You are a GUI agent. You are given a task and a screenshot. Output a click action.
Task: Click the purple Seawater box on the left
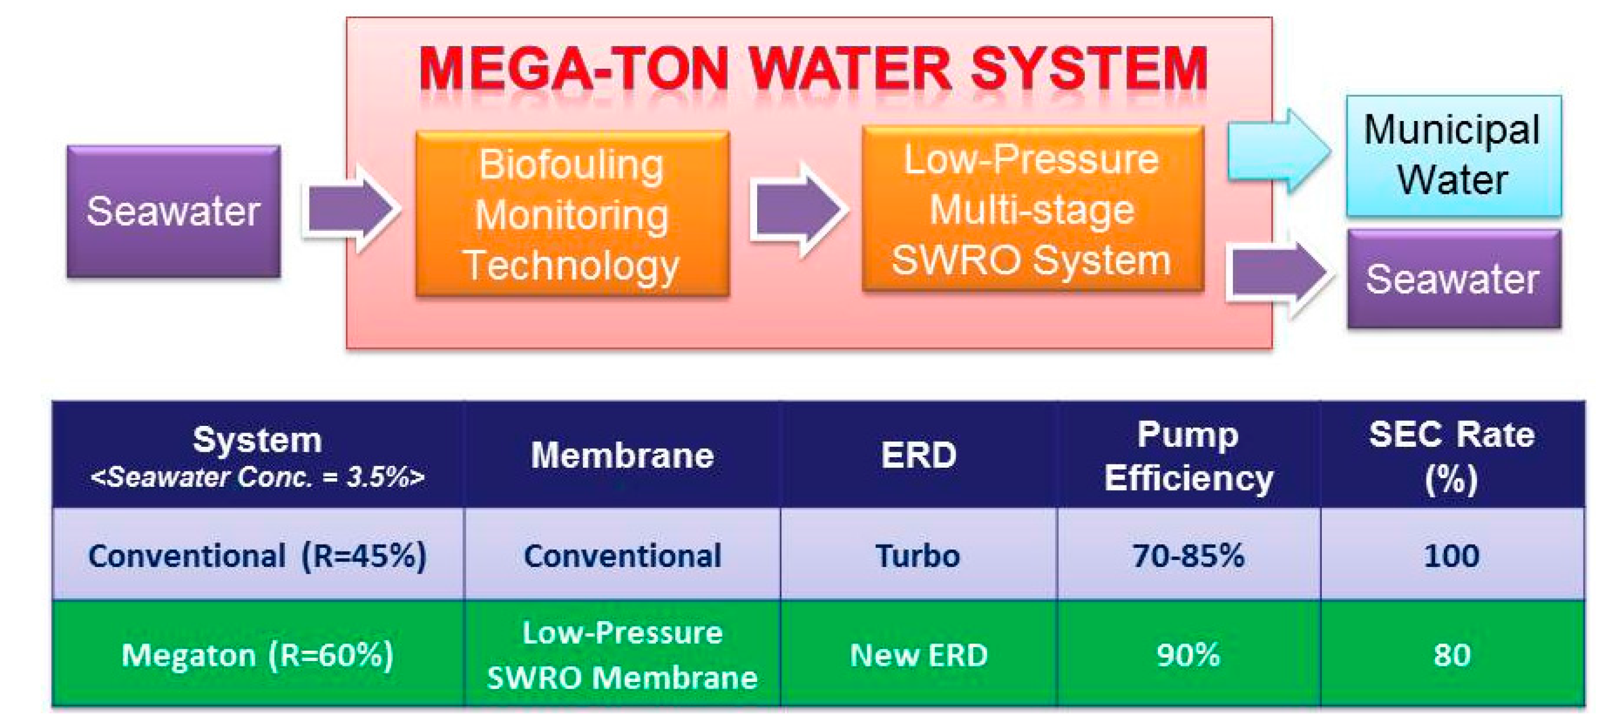173,211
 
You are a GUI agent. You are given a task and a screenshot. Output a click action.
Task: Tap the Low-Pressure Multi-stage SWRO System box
1032,209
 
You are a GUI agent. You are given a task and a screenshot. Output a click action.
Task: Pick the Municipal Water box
1453,155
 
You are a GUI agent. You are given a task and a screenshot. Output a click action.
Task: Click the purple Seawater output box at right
1453,279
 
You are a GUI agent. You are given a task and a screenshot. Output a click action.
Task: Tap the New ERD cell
919,655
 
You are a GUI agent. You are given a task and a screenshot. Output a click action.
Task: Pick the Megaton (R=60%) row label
257,655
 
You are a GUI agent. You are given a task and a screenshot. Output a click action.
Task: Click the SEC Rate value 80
1452,655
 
